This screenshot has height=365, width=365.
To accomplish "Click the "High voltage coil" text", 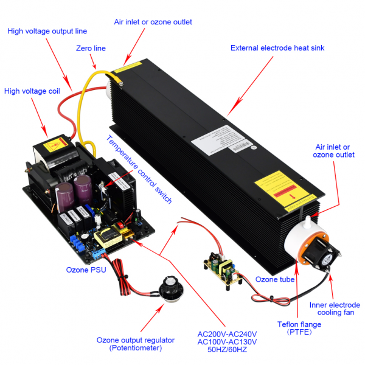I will [x=33, y=91].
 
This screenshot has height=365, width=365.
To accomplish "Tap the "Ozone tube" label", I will [x=275, y=279].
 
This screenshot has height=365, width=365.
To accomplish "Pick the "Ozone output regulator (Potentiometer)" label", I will [x=135, y=344].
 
